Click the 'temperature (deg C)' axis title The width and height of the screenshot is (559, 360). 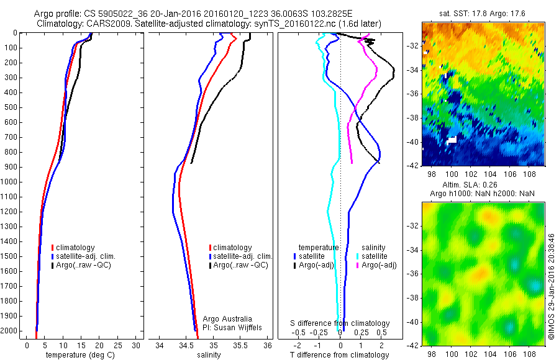click(79, 354)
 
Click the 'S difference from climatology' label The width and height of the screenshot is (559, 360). click(340, 323)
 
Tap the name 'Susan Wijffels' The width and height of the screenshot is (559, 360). click(234, 328)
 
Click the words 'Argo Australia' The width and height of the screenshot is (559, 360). click(227, 319)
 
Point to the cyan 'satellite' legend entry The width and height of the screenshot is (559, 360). click(373, 256)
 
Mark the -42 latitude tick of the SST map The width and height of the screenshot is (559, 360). click(413, 166)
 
